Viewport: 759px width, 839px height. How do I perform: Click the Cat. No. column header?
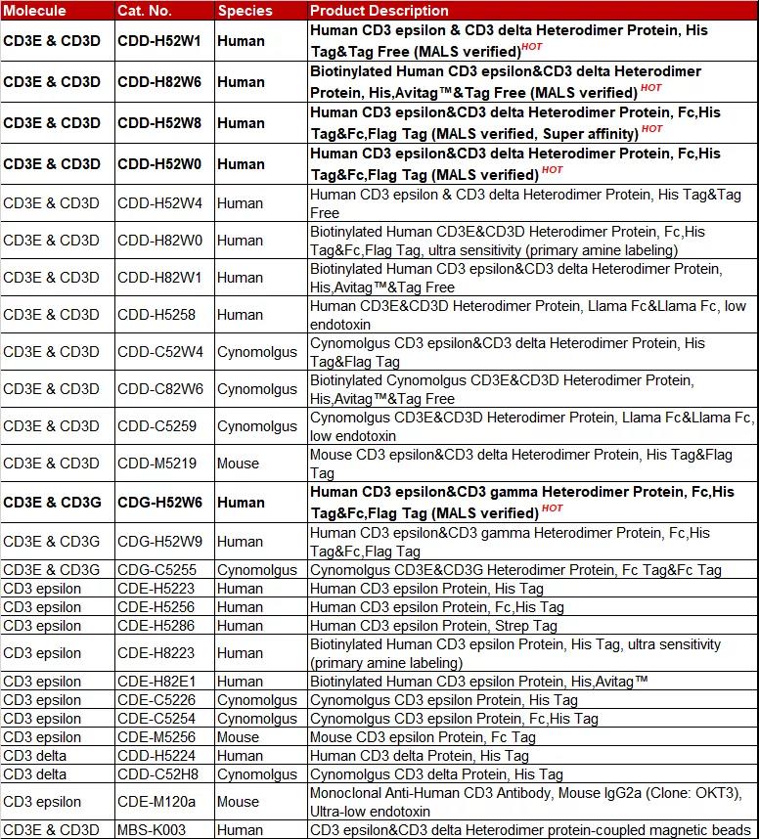coord(145,11)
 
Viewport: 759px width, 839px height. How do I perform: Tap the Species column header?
coord(245,11)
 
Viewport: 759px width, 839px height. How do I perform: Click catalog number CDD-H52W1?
coord(160,42)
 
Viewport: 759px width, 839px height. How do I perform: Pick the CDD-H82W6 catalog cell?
coord(160,82)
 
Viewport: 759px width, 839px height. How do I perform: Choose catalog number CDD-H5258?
coord(156,315)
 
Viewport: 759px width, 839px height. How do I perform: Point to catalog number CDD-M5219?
coord(156,464)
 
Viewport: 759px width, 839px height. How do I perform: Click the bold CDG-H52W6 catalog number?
coord(160,503)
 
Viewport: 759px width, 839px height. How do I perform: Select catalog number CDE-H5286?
coord(156,626)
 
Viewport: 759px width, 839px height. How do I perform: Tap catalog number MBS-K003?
coord(152,830)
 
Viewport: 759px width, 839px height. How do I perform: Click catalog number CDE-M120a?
coord(156,802)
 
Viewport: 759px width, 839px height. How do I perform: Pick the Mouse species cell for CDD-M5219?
coord(238,464)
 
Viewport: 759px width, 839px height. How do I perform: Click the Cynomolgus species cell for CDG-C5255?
coord(257,570)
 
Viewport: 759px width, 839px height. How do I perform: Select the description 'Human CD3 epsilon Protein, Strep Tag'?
coord(433,626)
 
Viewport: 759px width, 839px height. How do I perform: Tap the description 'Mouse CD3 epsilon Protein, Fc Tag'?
coord(423,737)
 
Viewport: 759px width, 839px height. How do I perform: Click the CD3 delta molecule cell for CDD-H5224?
coord(37,756)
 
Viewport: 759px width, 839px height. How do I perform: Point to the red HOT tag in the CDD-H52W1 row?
coord(532,46)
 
